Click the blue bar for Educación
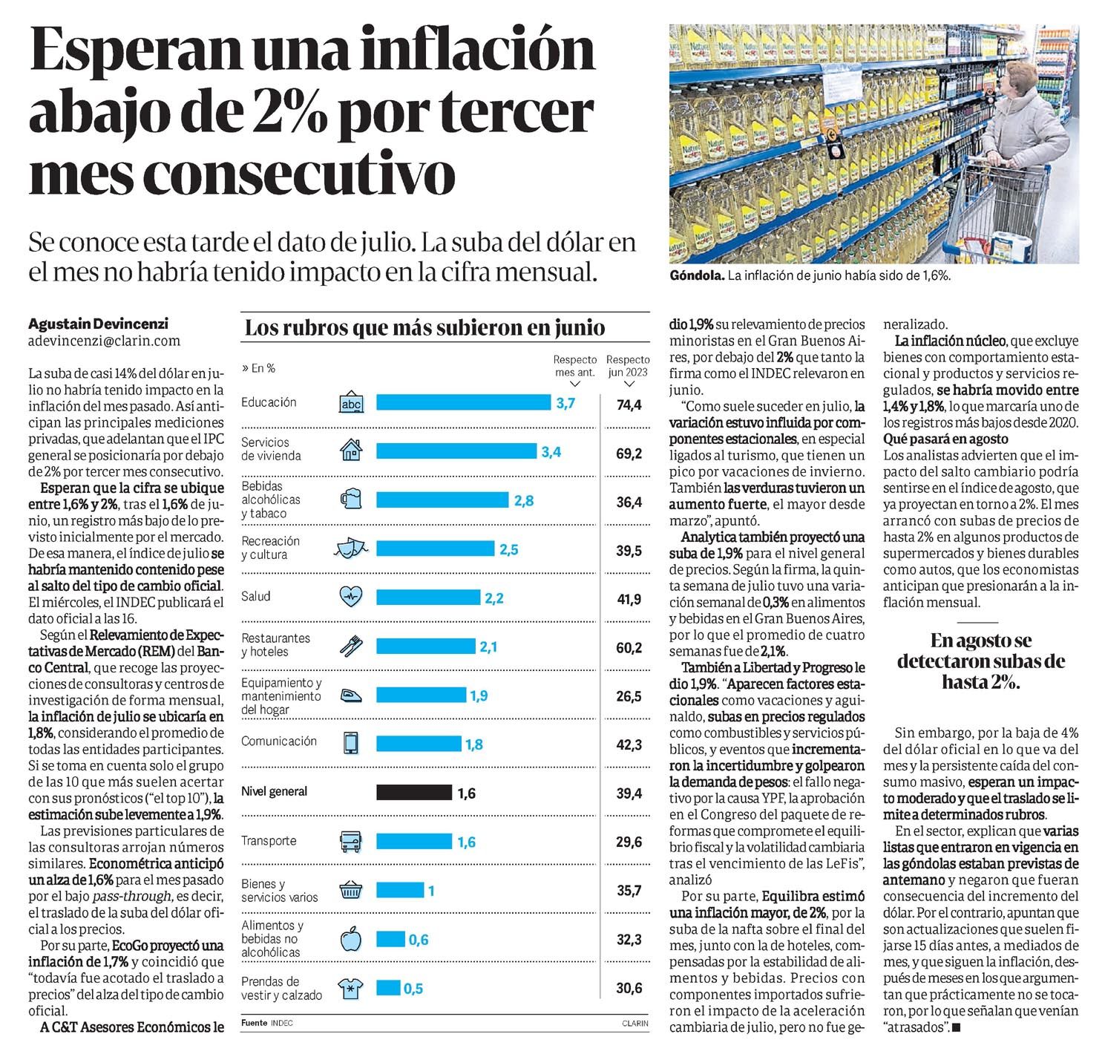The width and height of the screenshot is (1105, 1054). click(463, 402)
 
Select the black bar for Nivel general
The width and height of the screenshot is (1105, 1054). click(413, 792)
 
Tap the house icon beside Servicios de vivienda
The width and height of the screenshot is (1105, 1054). click(351, 450)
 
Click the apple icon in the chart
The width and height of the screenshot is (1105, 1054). click(350, 940)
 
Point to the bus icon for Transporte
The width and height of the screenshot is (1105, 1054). click(350, 842)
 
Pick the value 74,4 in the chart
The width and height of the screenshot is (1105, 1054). click(629, 405)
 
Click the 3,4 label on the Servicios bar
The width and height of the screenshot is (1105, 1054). click(551, 452)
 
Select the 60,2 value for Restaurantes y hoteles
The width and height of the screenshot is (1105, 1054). click(629, 648)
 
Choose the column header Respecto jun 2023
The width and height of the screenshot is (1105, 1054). click(628, 366)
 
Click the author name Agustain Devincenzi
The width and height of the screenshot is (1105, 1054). click(98, 324)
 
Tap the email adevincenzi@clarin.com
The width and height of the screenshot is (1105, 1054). click(104, 341)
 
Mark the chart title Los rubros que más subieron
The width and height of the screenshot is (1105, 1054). click(424, 327)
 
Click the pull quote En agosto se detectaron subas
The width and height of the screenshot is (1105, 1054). click(980, 661)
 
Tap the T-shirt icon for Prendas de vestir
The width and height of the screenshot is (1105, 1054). click(350, 988)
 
